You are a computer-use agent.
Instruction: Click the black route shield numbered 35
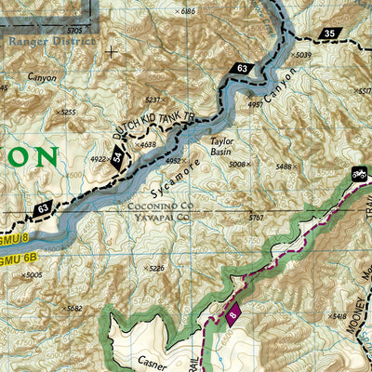329,34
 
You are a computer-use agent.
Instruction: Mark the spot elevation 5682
72,308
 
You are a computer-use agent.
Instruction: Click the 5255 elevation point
64,112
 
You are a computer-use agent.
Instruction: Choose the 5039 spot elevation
301,56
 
